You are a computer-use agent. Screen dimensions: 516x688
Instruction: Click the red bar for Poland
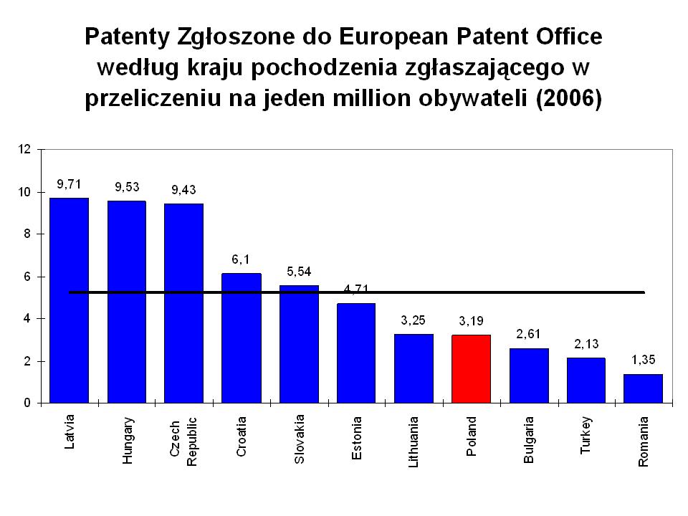472,368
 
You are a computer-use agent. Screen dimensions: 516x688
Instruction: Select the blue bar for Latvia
69,300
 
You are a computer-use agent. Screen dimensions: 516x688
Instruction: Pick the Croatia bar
242,338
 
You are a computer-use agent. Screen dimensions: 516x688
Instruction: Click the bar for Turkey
586,380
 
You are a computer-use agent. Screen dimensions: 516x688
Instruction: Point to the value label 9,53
127,187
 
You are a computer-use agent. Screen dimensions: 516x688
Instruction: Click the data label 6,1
241,259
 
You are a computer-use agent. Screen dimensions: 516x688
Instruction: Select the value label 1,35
643,359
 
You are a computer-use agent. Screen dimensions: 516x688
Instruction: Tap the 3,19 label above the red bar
471,320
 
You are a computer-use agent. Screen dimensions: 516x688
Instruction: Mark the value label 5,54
299,271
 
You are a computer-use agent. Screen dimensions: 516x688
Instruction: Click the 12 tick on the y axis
24,150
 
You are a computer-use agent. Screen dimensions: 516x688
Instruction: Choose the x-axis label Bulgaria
529,439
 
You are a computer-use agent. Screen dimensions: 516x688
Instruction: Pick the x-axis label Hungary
127,440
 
